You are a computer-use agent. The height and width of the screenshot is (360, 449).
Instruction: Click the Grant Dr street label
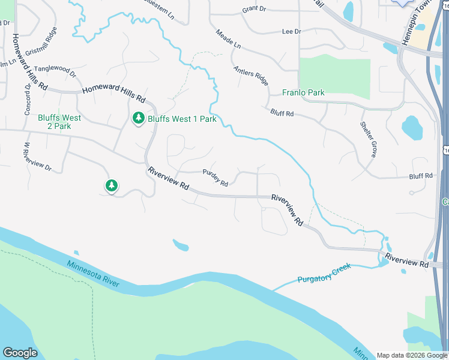tap(254, 9)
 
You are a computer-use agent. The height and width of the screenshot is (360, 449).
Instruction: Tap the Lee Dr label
tap(291, 31)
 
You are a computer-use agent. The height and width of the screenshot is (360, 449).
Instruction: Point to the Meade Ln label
tap(228, 39)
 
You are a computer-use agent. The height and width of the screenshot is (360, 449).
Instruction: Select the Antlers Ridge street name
tap(251, 76)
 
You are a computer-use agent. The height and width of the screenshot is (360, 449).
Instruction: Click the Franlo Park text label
tap(303, 93)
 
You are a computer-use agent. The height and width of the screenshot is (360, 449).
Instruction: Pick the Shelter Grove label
tap(369, 140)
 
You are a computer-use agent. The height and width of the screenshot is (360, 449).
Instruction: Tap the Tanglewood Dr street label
tap(55, 71)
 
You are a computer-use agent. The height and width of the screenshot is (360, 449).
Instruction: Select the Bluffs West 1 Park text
tap(182, 119)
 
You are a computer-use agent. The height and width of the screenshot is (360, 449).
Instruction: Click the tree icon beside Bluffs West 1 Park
tap(139, 118)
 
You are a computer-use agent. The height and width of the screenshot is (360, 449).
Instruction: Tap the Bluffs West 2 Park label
tap(59, 122)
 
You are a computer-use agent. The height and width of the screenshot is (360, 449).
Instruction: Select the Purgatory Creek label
tap(324, 272)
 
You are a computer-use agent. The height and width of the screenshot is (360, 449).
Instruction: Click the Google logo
tap(20, 353)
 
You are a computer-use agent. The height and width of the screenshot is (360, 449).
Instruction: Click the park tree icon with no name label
tap(111, 186)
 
